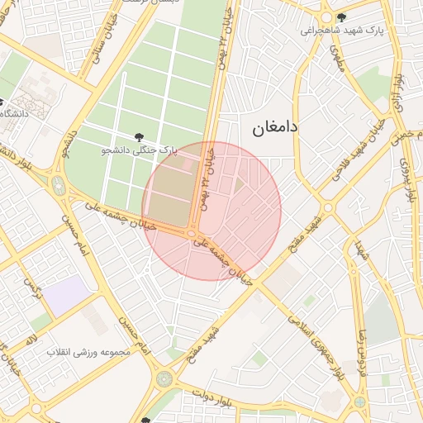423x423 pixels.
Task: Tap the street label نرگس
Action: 32,290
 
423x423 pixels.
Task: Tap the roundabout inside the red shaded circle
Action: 192,234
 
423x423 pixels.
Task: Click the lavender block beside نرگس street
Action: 65,295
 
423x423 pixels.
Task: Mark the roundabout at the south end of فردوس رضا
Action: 359,402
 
